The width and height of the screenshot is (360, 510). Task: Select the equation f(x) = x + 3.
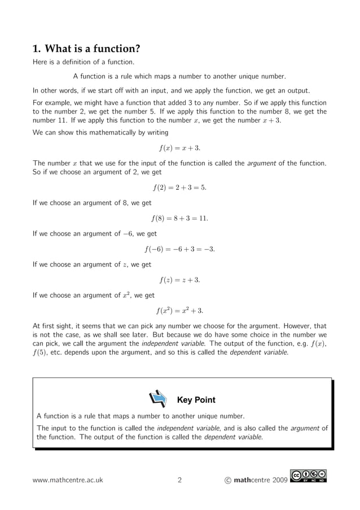tap(179, 149)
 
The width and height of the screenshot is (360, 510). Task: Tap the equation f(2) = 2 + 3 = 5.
tap(179, 188)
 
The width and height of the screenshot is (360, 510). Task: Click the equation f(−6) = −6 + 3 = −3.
tap(179, 249)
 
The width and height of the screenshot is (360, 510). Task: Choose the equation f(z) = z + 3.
tap(179, 280)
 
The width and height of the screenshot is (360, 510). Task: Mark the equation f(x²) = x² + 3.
tap(179, 310)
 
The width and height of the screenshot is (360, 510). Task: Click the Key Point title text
tap(196, 400)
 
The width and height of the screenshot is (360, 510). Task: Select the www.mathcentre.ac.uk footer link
tap(68, 481)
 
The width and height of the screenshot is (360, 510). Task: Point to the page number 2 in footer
tap(179, 481)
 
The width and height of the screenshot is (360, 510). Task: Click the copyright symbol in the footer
tap(227, 481)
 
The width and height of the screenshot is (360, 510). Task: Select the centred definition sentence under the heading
tap(179, 76)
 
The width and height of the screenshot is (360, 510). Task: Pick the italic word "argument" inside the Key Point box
tap(305, 428)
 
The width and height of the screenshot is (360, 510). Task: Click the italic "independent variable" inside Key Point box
tap(183, 428)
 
